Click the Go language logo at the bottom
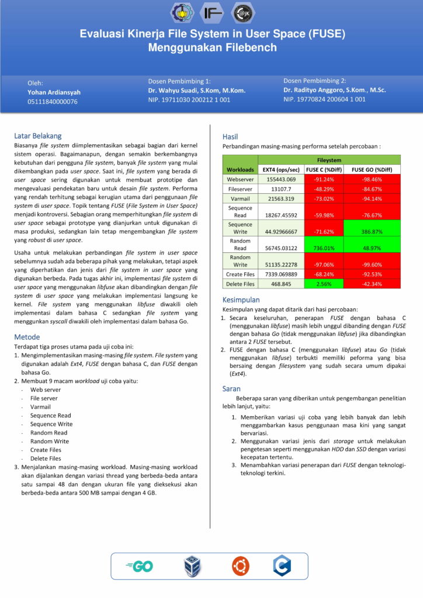tap(139, 566)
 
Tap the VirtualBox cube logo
tap(192, 566)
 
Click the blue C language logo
tap(282, 565)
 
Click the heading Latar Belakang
tap(37, 135)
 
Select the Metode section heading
tap(27, 337)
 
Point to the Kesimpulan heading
tap(241, 299)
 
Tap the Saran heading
tap(232, 388)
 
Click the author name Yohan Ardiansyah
tap(54, 92)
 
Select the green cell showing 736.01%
tap(324, 248)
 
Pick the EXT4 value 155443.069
tap(281, 179)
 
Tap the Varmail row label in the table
tap(240, 199)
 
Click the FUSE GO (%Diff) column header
tap(372, 169)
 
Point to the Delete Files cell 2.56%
tap(324, 284)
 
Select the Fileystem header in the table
tap(330, 159)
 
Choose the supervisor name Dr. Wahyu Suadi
tap(196, 91)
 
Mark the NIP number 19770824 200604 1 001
tap(325, 99)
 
